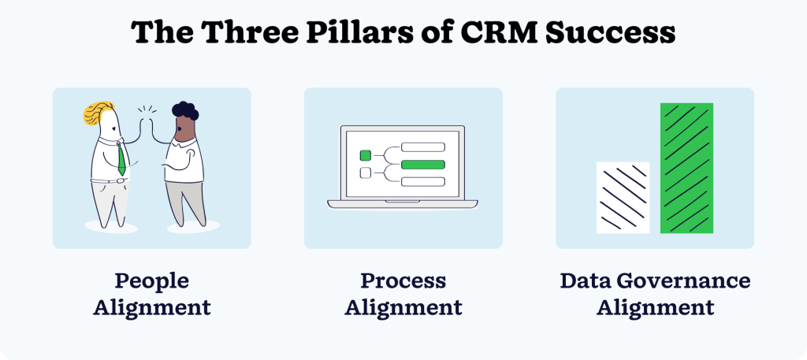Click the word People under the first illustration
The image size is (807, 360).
pos(151,281)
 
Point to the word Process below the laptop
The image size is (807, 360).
pos(403,281)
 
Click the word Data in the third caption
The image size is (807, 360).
pos(589,281)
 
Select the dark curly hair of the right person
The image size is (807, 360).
pos(185,111)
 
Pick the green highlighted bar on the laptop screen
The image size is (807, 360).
pos(423,164)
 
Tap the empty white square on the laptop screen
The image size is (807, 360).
pos(365,173)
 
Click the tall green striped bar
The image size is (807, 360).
pos(686,168)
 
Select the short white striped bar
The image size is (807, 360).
pos(623,197)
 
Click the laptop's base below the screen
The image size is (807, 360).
pos(403,204)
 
